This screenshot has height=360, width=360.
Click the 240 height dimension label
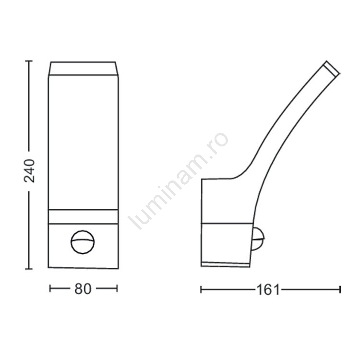click(x=29, y=171)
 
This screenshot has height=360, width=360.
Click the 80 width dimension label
click(x=83, y=289)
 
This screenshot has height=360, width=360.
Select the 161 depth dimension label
click(x=268, y=290)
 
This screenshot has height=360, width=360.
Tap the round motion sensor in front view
click(x=83, y=242)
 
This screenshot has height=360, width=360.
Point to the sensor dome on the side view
click(x=258, y=239)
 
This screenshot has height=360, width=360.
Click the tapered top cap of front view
click(x=84, y=69)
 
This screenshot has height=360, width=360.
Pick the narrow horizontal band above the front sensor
click(x=84, y=216)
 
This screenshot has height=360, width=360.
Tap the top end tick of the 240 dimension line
click(x=29, y=61)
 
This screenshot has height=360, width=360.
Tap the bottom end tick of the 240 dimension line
click(x=29, y=268)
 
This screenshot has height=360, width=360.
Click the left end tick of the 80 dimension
click(x=50, y=288)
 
